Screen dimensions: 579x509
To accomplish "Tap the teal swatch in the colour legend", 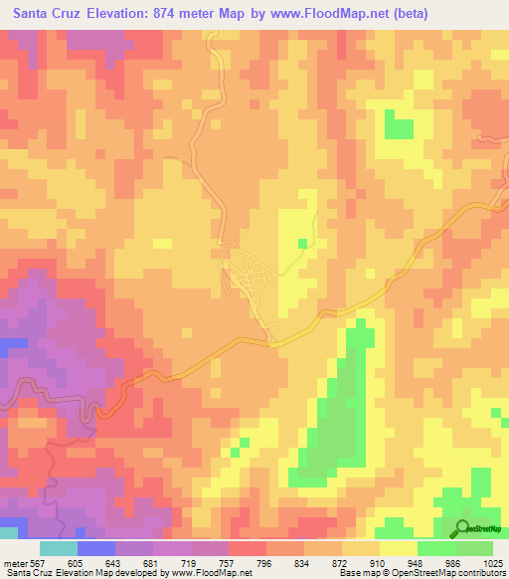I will point(58,548).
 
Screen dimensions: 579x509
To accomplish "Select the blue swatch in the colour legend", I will point(95,548).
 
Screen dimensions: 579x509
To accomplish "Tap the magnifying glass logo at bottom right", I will point(463,527).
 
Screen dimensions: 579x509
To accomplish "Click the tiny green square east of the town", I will point(303,243).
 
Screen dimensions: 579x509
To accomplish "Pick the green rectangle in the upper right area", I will point(400,127).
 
